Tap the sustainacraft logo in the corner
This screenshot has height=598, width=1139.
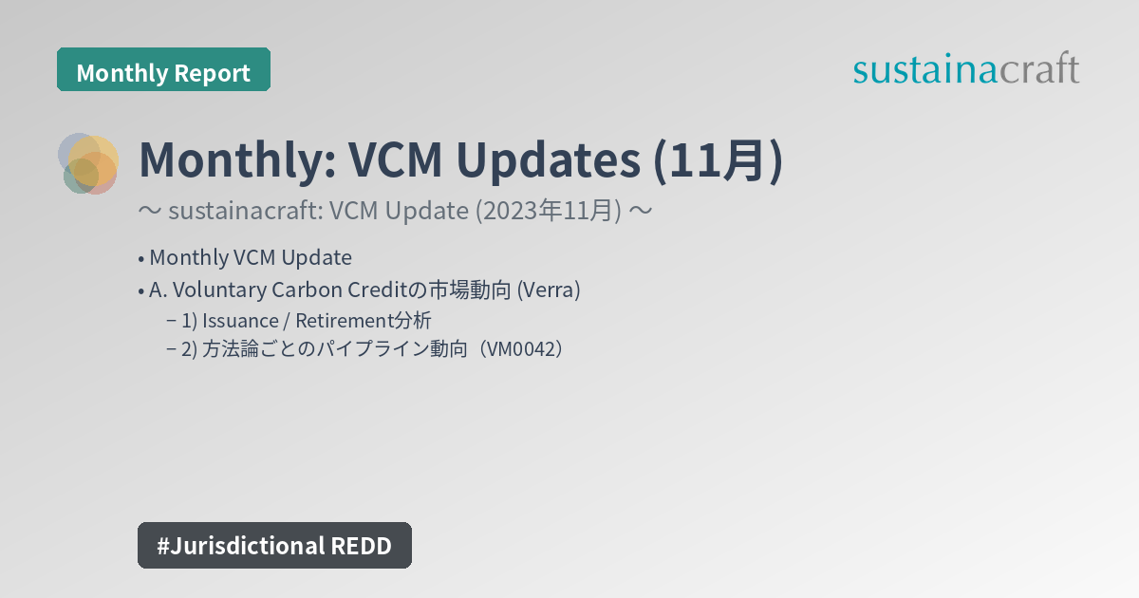click(x=965, y=69)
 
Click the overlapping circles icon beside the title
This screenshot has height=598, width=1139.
click(x=88, y=163)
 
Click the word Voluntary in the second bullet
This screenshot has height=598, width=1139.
click(x=202, y=290)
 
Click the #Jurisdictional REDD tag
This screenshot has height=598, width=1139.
click(x=274, y=545)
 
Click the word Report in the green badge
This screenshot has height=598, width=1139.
click(x=214, y=72)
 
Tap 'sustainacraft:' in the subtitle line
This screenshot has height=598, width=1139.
click(x=247, y=211)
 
